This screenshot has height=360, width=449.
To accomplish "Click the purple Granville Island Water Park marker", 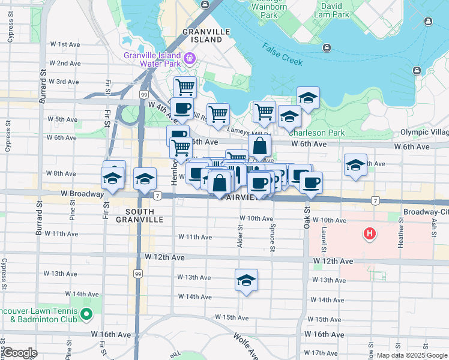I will pos(190,58).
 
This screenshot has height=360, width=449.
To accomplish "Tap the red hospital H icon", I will pos(370,233).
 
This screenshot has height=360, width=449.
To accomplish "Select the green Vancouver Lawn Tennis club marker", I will pos(86,314).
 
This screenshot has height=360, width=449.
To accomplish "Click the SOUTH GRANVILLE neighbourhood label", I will pos(144,216).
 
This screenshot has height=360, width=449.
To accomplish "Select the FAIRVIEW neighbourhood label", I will pos(240,197).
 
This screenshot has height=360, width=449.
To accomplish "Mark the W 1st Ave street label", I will pos(65,44).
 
